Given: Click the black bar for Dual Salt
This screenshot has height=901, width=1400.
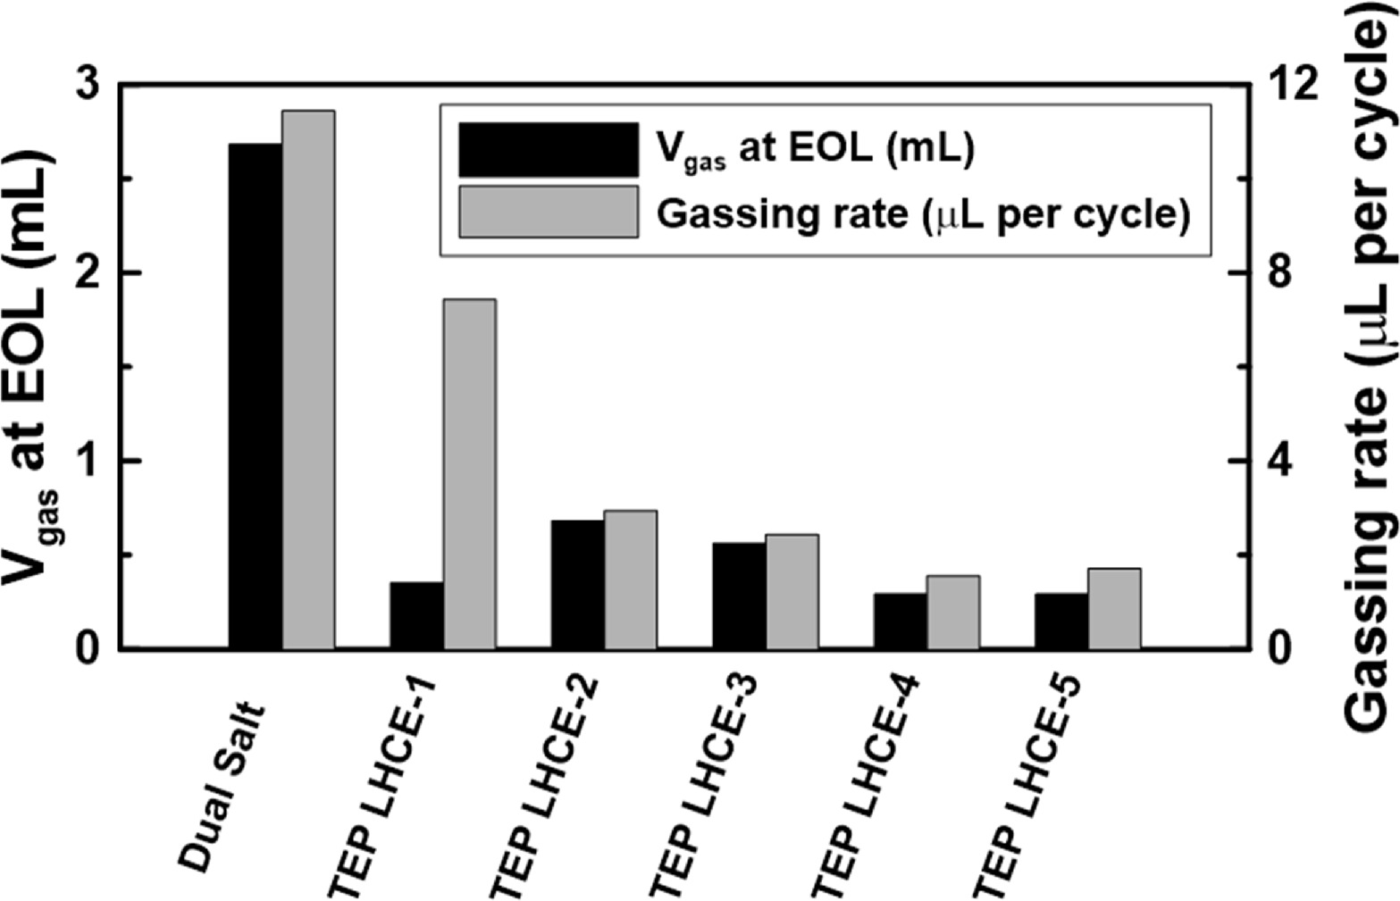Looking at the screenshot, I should pos(256,396).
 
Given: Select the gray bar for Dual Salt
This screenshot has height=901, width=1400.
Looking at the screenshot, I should pos(308,380).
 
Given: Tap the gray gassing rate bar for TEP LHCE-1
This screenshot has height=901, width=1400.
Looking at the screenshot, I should pos(470,473).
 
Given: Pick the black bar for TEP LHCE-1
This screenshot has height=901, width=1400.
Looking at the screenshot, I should pos(416,614).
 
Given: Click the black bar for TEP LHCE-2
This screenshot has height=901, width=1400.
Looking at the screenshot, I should pos(577,584).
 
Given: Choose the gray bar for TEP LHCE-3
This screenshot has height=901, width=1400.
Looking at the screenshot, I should pos(792,591).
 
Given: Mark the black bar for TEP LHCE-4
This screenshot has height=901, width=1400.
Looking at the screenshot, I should pos(900,620).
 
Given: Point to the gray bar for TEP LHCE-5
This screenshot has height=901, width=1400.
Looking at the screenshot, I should pos(1114,608).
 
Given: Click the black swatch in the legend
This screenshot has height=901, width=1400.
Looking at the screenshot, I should pos(548,149).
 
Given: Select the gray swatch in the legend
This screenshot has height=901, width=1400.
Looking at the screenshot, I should pos(548,212).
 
